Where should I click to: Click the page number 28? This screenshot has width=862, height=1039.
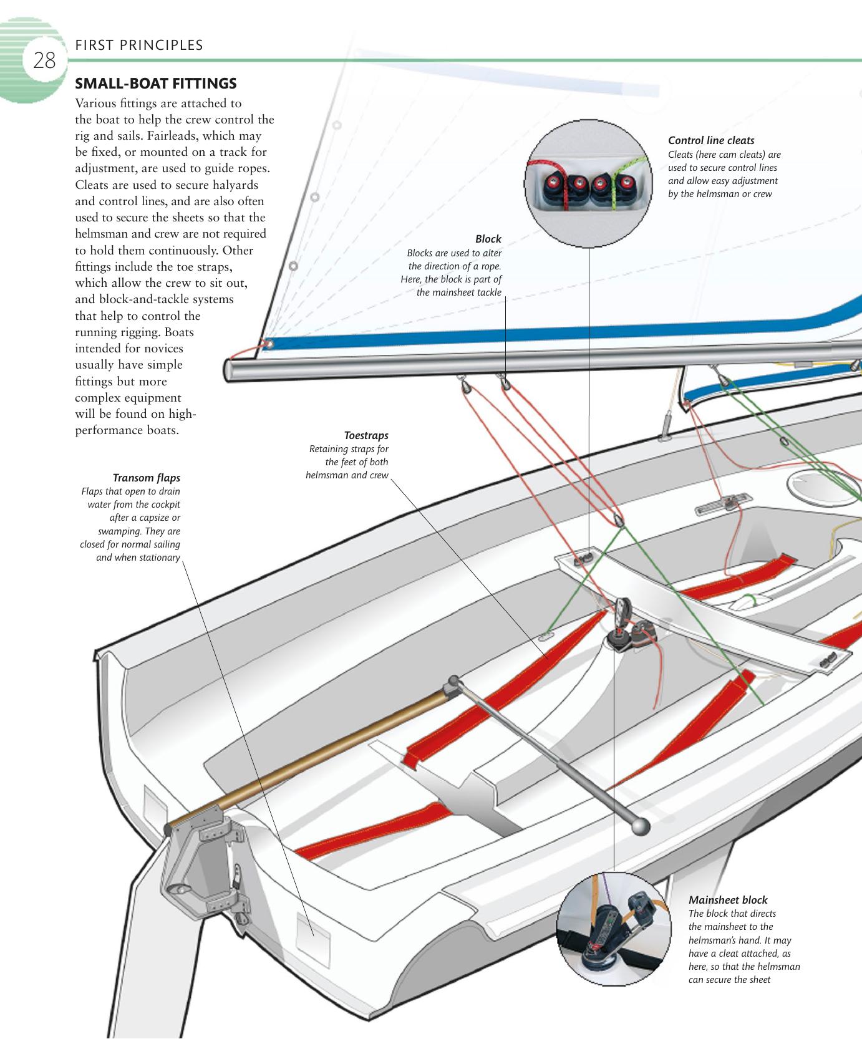click(x=44, y=61)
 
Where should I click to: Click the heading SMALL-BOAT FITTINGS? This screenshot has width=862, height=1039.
click(x=155, y=83)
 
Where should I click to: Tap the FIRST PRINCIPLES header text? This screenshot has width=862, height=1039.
click(x=138, y=45)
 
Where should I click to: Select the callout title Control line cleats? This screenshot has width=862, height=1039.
click(x=711, y=140)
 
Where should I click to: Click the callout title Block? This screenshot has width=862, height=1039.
click(x=488, y=239)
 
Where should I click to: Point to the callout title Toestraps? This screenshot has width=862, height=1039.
click(x=366, y=435)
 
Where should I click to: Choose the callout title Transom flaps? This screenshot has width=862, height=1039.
click(x=146, y=478)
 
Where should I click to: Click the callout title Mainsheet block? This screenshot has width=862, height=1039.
click(x=727, y=900)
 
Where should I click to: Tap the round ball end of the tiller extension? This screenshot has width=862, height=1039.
click(x=641, y=827)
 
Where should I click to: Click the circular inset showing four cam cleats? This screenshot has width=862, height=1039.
click(x=588, y=186)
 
